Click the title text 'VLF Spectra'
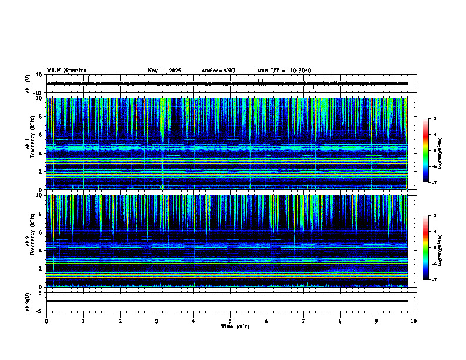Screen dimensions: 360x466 66,71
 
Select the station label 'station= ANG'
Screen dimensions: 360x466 218,71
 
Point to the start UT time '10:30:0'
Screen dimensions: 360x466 300,71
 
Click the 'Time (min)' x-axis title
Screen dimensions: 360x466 235,326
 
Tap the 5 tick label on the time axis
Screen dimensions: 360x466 230,321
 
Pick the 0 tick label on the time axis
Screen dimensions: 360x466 46,321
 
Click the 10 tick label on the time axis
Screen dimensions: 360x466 414,321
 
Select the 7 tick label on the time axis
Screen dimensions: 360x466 304,321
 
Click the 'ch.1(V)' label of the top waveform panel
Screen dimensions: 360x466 28,84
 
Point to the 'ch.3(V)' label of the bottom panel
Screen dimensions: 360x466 28,301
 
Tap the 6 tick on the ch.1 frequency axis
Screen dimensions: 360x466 40,135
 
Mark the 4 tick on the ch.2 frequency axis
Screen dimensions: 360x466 40,251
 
